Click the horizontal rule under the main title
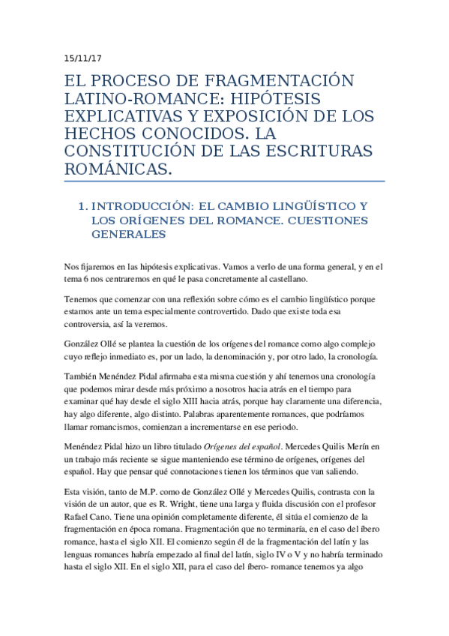224,181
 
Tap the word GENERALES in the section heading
128,234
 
